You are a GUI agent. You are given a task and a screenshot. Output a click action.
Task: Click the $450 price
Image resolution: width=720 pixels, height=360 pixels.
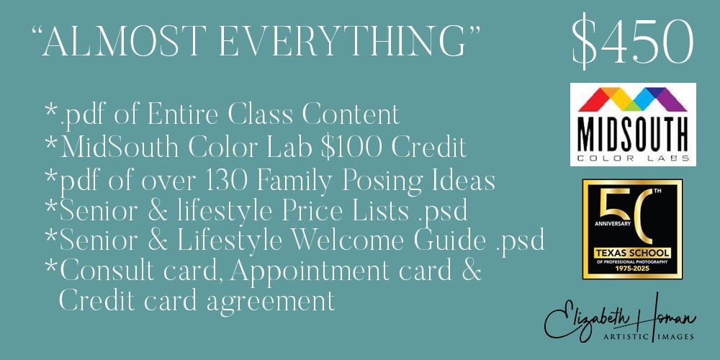(632, 42)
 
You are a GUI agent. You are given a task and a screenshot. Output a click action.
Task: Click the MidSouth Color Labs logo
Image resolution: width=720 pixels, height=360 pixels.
(633, 124)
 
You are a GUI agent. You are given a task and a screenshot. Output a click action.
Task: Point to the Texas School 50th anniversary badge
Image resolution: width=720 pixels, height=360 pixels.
(632, 229)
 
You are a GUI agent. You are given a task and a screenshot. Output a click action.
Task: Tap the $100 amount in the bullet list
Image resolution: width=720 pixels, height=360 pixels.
(353, 148)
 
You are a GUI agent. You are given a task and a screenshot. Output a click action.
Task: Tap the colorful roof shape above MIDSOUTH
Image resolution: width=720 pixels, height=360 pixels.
(633, 99)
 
